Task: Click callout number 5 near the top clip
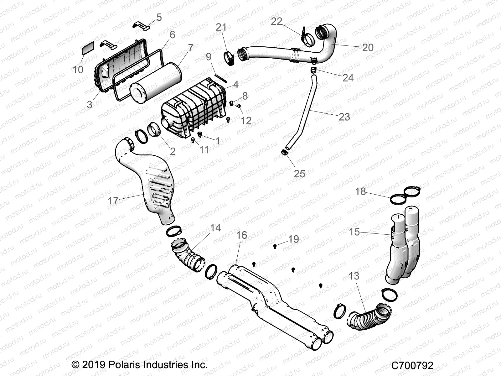point(159,18)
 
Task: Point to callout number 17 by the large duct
point(113,201)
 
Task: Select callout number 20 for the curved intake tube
point(368,47)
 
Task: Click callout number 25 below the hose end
point(299,174)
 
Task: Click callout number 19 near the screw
point(293,239)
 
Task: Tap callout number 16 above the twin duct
point(241,235)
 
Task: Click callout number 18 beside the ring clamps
point(360,191)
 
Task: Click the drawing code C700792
point(412,365)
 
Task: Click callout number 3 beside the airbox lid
point(90,104)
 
